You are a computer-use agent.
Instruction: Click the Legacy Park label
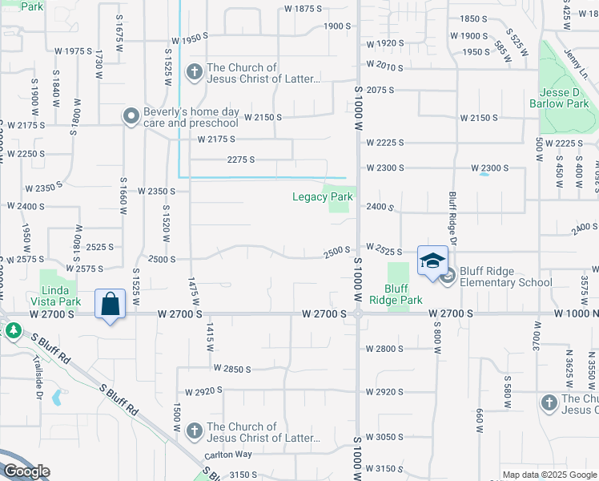click(x=322, y=196)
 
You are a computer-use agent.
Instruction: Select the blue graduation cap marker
click(x=432, y=261)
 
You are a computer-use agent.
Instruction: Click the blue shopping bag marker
click(x=110, y=305)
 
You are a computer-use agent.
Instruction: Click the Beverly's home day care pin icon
click(x=131, y=117)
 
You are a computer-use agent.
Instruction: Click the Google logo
click(x=26, y=471)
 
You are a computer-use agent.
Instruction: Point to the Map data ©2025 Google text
click(x=549, y=475)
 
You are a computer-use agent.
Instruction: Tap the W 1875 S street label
click(x=303, y=8)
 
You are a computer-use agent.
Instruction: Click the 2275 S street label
click(x=241, y=160)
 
